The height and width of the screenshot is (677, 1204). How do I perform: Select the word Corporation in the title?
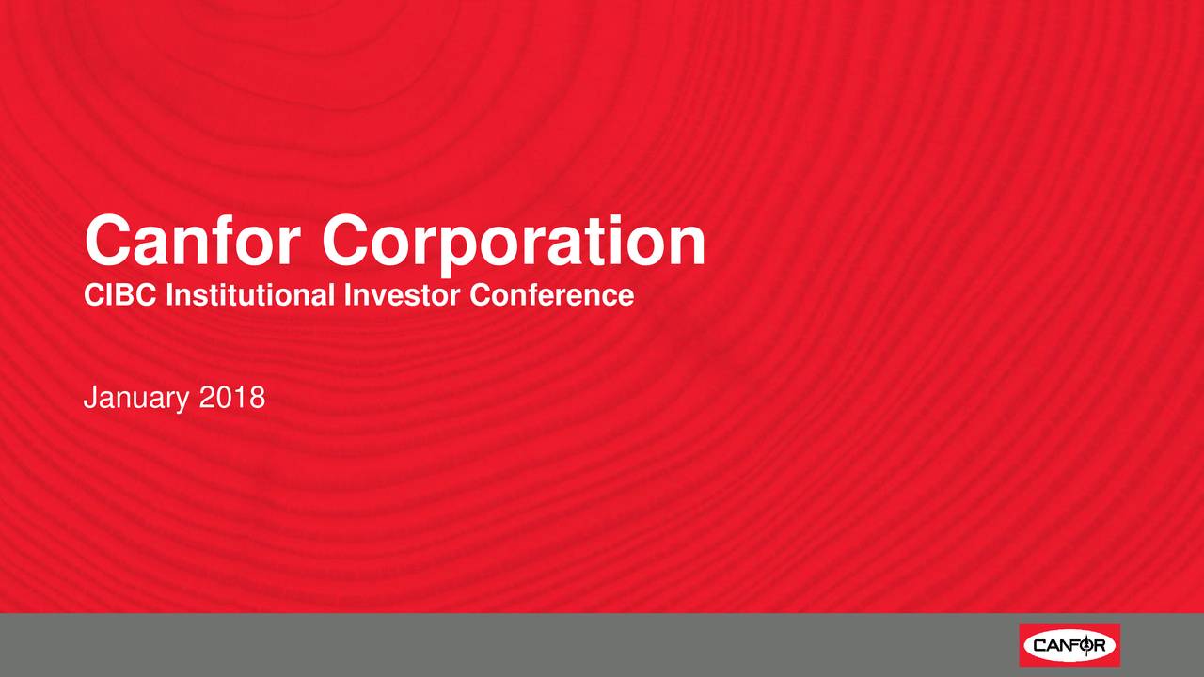pos(514,244)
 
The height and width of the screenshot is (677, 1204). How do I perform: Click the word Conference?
pos(551,295)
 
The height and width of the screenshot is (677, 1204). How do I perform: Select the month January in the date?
pos(136,399)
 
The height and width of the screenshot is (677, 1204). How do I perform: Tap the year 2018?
pos(232,398)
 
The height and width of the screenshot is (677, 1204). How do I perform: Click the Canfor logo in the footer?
pos(1069,645)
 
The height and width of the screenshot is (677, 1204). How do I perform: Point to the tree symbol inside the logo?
pos(1086,645)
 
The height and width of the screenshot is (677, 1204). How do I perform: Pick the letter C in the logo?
pos(1040,645)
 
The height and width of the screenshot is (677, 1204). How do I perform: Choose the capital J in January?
pos(91,398)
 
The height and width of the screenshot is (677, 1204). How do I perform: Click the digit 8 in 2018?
pos(258,398)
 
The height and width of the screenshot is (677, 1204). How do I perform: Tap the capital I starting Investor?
pos(348,295)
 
